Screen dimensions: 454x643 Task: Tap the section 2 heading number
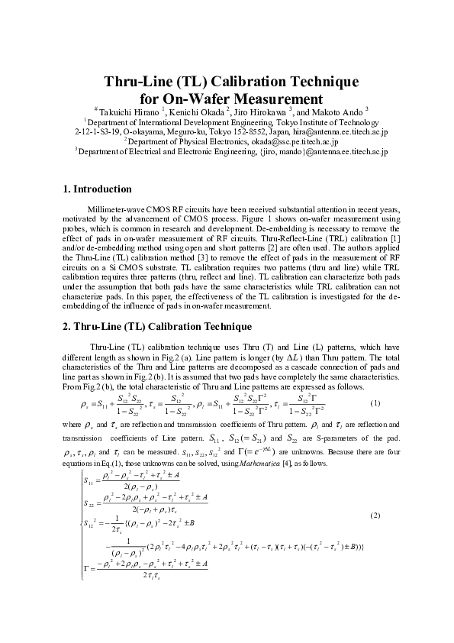(66, 327)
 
